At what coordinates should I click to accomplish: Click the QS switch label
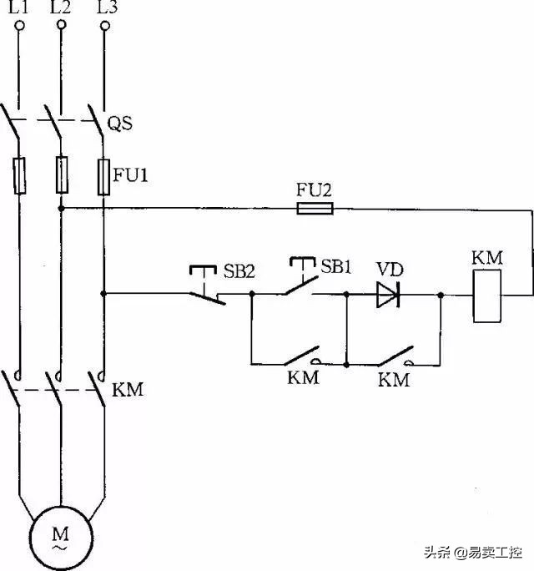122,124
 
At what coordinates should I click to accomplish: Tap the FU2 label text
315,189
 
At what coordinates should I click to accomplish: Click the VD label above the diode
390,269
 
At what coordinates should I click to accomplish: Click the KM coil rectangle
486,296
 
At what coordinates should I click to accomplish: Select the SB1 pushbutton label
338,267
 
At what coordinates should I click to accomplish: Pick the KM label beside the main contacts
128,389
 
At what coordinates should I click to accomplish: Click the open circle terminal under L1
18,27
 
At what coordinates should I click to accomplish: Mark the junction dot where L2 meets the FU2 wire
61,208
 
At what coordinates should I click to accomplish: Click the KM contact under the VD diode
393,357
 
